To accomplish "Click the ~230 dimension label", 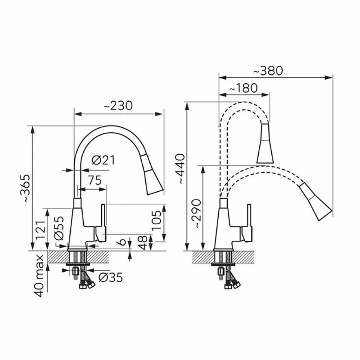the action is (x=118, y=106).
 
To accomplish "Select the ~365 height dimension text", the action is (x=25, y=188).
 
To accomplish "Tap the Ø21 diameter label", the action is (x=103, y=160).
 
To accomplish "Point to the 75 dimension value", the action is (x=95, y=180).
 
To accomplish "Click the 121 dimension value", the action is (x=40, y=230).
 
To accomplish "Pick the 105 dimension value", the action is (x=157, y=220).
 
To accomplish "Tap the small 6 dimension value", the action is (x=122, y=242).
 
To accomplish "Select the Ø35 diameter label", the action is (x=111, y=278).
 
